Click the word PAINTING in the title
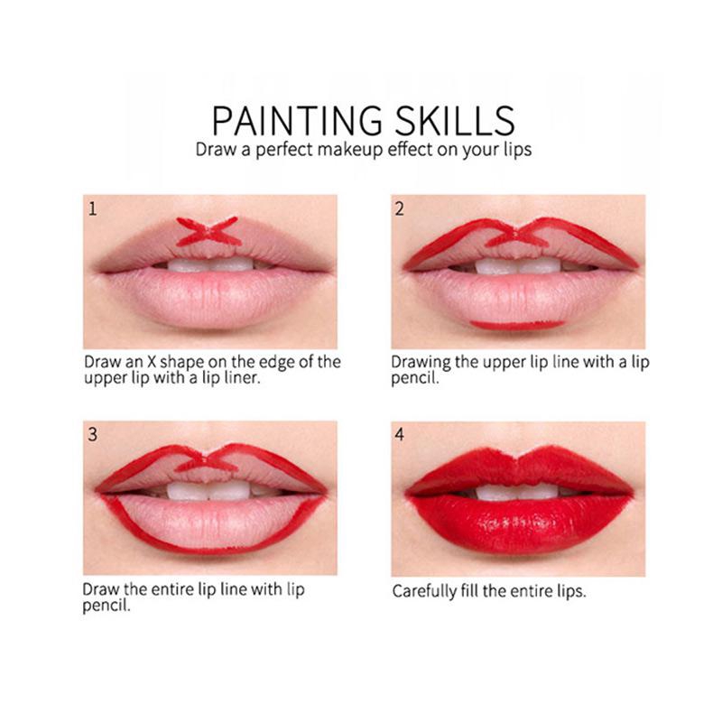point(297,120)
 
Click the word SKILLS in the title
point(455,120)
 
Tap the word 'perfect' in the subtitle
point(283,150)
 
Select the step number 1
point(93,209)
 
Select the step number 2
point(399,209)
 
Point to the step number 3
point(93,434)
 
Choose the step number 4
point(399,434)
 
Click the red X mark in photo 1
point(208,232)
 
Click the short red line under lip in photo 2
point(517,325)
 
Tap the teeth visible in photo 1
point(210,264)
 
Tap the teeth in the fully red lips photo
point(517,492)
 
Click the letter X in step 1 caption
point(152,362)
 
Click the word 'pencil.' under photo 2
point(415,379)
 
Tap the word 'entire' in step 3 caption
point(171,589)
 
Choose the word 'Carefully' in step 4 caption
point(424,591)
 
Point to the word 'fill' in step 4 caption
point(468,590)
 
